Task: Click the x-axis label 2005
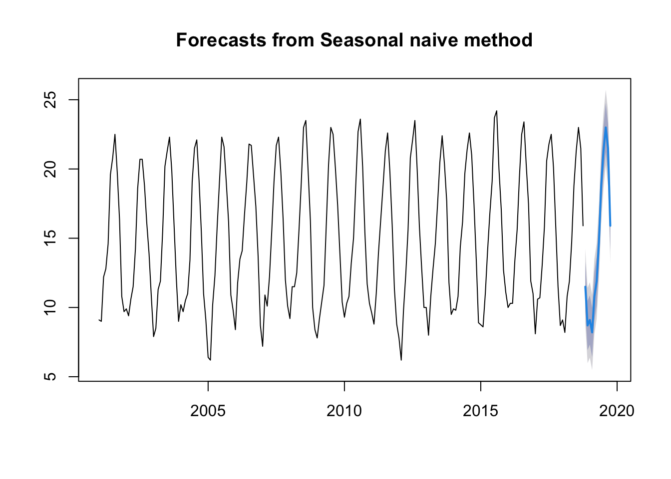click(208, 411)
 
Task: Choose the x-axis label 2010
click(344, 411)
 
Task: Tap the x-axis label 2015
click(480, 411)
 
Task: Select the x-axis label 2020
click(617, 411)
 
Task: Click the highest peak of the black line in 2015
click(496, 111)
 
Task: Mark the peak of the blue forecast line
click(606, 127)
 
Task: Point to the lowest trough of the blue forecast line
click(592, 332)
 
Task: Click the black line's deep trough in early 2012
click(401, 359)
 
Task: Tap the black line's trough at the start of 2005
click(210, 359)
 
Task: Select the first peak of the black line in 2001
click(115, 134)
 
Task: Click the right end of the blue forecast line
click(610, 226)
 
